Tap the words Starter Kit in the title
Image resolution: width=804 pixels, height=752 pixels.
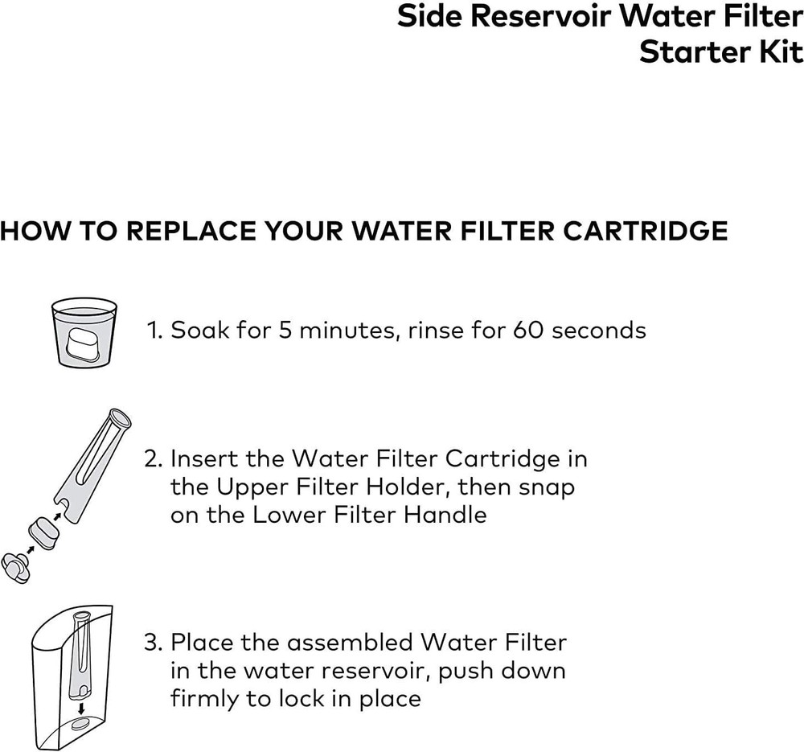[721, 52]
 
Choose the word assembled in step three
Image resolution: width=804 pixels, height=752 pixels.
[351, 643]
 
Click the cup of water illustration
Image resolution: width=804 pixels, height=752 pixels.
[84, 331]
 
